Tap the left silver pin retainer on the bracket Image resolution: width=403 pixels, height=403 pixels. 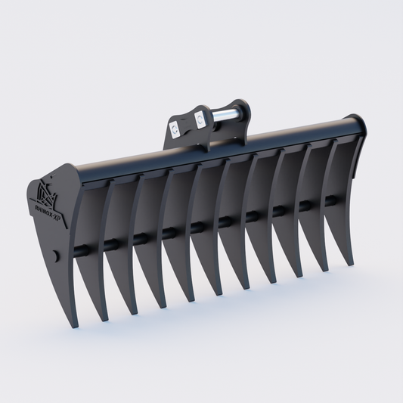175,129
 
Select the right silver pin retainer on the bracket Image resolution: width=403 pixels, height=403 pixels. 200,118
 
